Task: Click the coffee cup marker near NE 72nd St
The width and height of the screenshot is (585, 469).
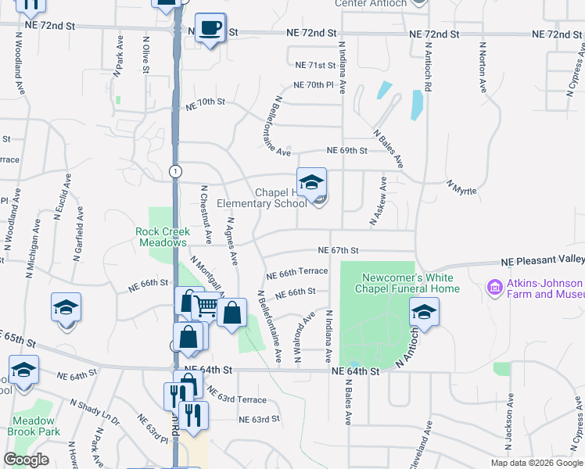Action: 210,29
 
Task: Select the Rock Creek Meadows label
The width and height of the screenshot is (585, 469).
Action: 162,237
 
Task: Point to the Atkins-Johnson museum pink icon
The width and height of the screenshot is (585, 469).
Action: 494,288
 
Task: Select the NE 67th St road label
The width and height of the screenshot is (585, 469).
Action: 338,250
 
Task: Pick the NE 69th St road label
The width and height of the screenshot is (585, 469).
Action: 346,150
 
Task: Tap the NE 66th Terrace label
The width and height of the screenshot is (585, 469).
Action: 296,272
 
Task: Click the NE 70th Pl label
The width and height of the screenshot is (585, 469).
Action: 314,84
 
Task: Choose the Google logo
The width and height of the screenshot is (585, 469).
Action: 26,460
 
